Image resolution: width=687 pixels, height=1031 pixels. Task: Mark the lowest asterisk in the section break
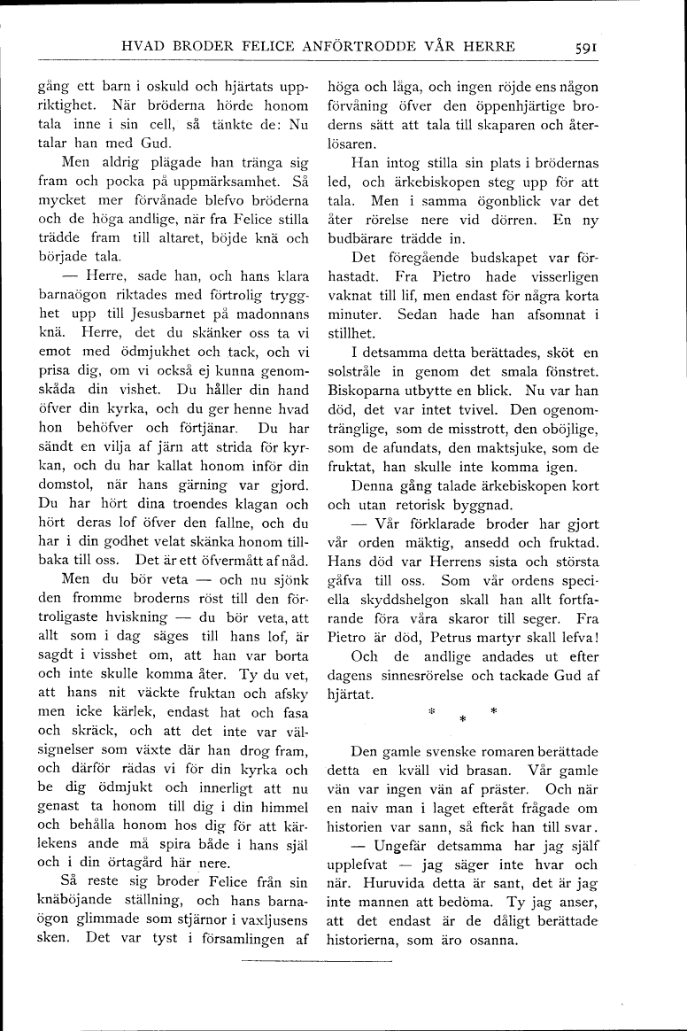[461, 718]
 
